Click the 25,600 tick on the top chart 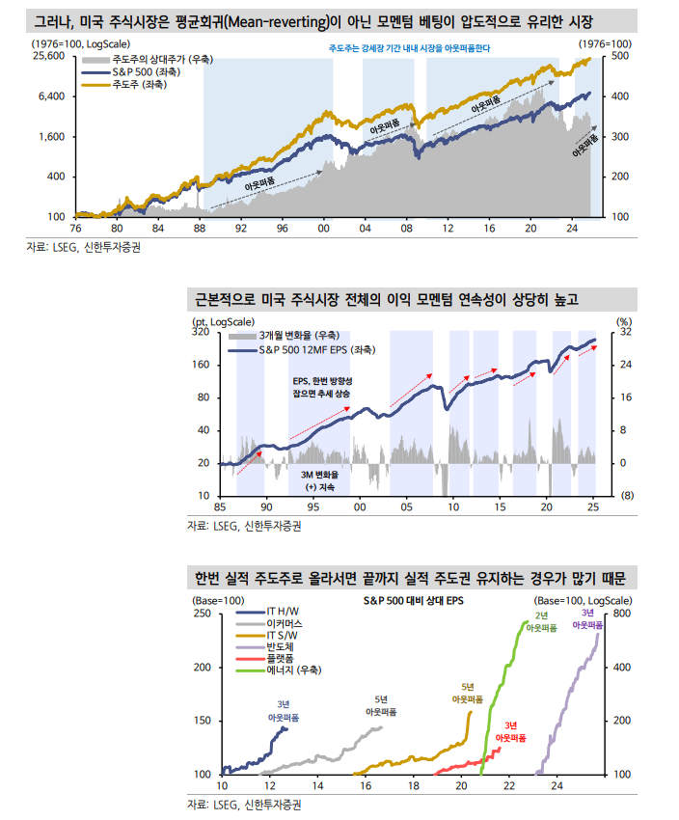click(x=47, y=56)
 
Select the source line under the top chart click(x=89, y=248)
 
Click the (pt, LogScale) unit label click(x=224, y=320)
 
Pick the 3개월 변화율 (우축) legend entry click(x=305, y=335)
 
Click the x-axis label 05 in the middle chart click(x=406, y=507)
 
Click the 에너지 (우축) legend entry click(x=294, y=670)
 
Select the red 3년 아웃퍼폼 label click(x=510, y=730)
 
